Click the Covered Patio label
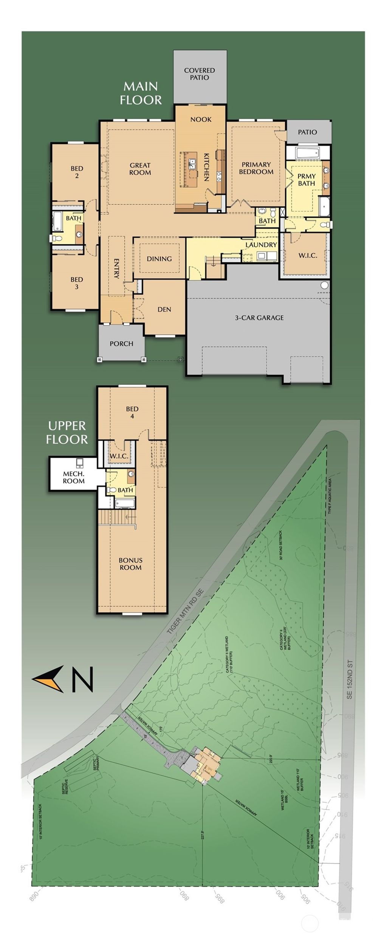pos(200,74)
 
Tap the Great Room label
pos(140,169)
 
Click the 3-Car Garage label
pos(259,318)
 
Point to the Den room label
pos(164,310)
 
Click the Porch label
pos(121,344)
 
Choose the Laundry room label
pos(261,245)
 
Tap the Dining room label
pos(159,259)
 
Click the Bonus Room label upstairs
pos(130,564)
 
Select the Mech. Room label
pos(74,477)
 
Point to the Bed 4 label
pos(132,412)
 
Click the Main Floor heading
pos(141,93)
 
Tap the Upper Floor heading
pos(67,433)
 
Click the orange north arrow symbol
pos(49,679)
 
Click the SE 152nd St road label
pos(350,677)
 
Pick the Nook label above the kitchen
pos(201,119)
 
